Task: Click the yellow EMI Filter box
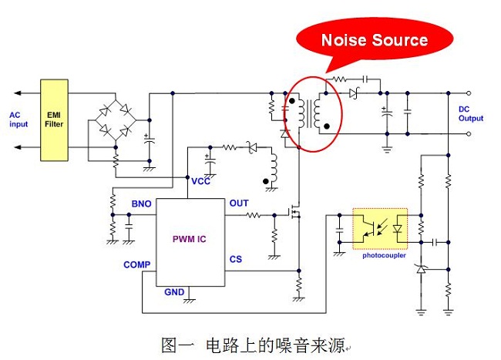[x=55, y=119]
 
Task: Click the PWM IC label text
[x=189, y=239]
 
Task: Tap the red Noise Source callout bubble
[x=373, y=41]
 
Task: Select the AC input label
[x=18, y=119]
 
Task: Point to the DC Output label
[x=470, y=113]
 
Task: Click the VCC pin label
[x=201, y=181]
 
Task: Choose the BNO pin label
[x=141, y=204]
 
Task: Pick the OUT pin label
[x=239, y=204]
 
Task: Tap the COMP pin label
[x=136, y=265]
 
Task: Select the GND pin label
[x=174, y=292]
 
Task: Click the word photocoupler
[x=384, y=255]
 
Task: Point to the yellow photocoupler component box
[x=380, y=228]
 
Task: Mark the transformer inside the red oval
[x=314, y=113]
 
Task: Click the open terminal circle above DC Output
[x=470, y=93]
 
